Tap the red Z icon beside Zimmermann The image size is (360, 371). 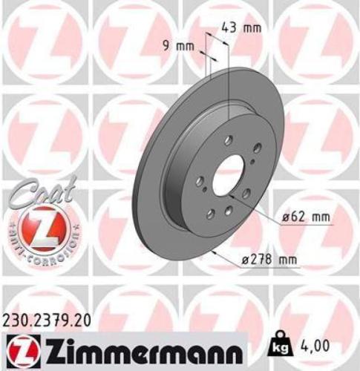click(x=22, y=346)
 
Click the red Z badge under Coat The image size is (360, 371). click(x=40, y=226)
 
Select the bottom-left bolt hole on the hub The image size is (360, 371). click(x=210, y=214)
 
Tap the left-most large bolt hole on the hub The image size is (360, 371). click(x=200, y=181)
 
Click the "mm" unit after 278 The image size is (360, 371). click(x=287, y=259)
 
